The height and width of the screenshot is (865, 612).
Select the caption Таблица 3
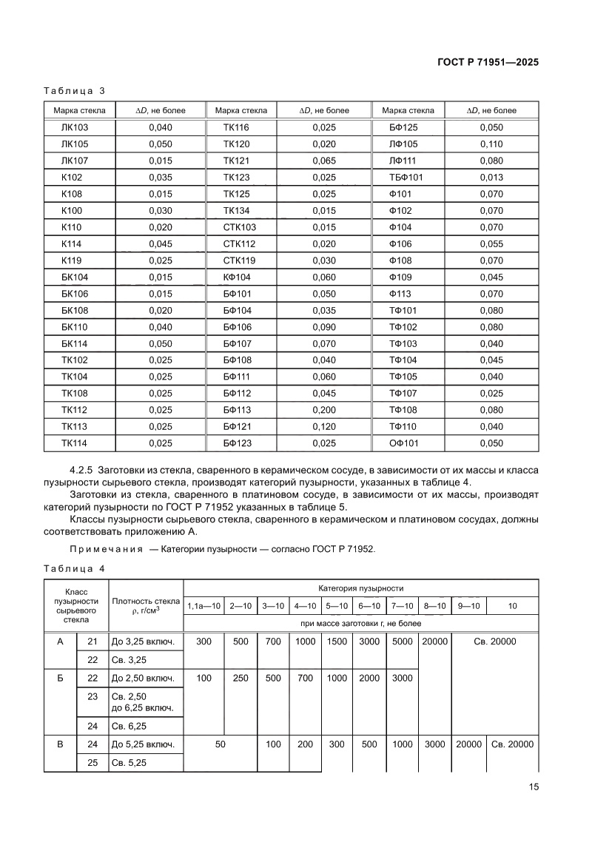click(74, 91)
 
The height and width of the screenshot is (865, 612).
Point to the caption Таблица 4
click(74, 568)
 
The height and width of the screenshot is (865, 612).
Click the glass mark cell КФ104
click(237, 277)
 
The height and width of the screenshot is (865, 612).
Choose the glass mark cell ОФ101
click(404, 443)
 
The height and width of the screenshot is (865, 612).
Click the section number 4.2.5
click(83, 471)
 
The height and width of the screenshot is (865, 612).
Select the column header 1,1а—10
click(204, 606)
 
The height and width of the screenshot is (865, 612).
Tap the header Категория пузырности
click(360, 588)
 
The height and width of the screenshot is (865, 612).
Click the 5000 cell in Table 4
click(402, 642)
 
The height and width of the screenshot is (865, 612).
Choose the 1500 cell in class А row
click(337, 642)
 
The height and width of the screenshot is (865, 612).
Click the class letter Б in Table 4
click(60, 678)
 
